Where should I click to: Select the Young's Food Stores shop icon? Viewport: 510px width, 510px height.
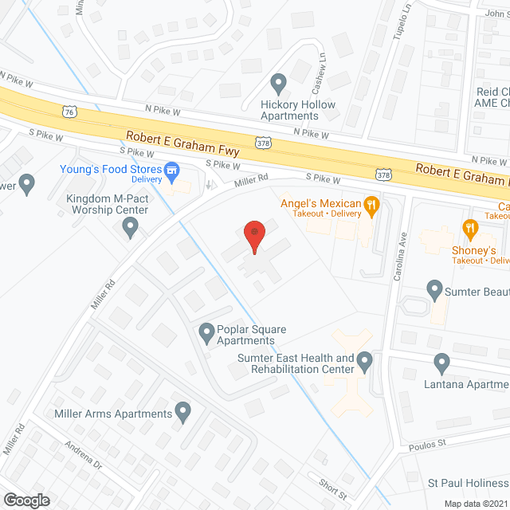coord(171,169)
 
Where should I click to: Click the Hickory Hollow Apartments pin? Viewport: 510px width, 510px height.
coord(278,83)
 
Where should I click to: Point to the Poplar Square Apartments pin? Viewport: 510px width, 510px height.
coord(206,330)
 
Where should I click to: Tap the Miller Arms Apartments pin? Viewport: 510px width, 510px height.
coord(183,413)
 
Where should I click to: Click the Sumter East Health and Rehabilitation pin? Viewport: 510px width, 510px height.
coord(365,363)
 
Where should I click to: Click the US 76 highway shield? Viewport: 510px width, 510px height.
coord(71,112)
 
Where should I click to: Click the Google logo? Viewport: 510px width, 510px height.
coord(25,500)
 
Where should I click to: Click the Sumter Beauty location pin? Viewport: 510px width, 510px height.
coord(434,289)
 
